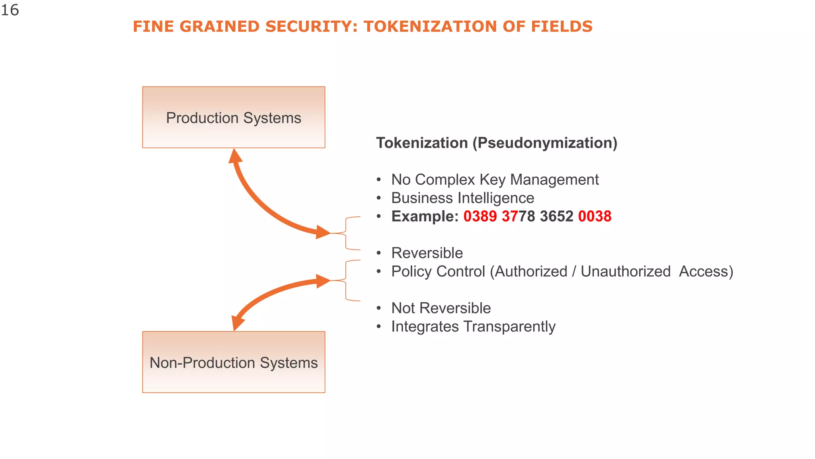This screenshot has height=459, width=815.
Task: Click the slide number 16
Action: tap(10, 10)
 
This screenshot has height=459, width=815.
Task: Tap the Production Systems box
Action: tap(234, 118)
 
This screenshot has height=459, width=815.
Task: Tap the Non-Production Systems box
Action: tap(234, 362)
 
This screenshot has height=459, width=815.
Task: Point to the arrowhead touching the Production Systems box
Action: tap(235, 156)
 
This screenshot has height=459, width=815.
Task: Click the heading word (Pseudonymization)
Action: tap(545, 143)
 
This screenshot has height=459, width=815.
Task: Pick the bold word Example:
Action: tap(425, 216)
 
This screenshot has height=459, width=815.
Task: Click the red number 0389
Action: tap(480, 216)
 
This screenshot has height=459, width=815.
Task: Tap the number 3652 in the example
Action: tap(556, 216)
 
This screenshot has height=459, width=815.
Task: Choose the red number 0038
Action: tap(595, 216)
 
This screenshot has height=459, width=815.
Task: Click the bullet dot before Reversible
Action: tap(379, 253)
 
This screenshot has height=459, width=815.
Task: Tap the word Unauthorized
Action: tap(626, 271)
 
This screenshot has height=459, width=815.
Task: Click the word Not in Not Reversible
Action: tap(403, 308)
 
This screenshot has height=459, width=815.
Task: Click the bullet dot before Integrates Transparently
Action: tap(379, 327)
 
